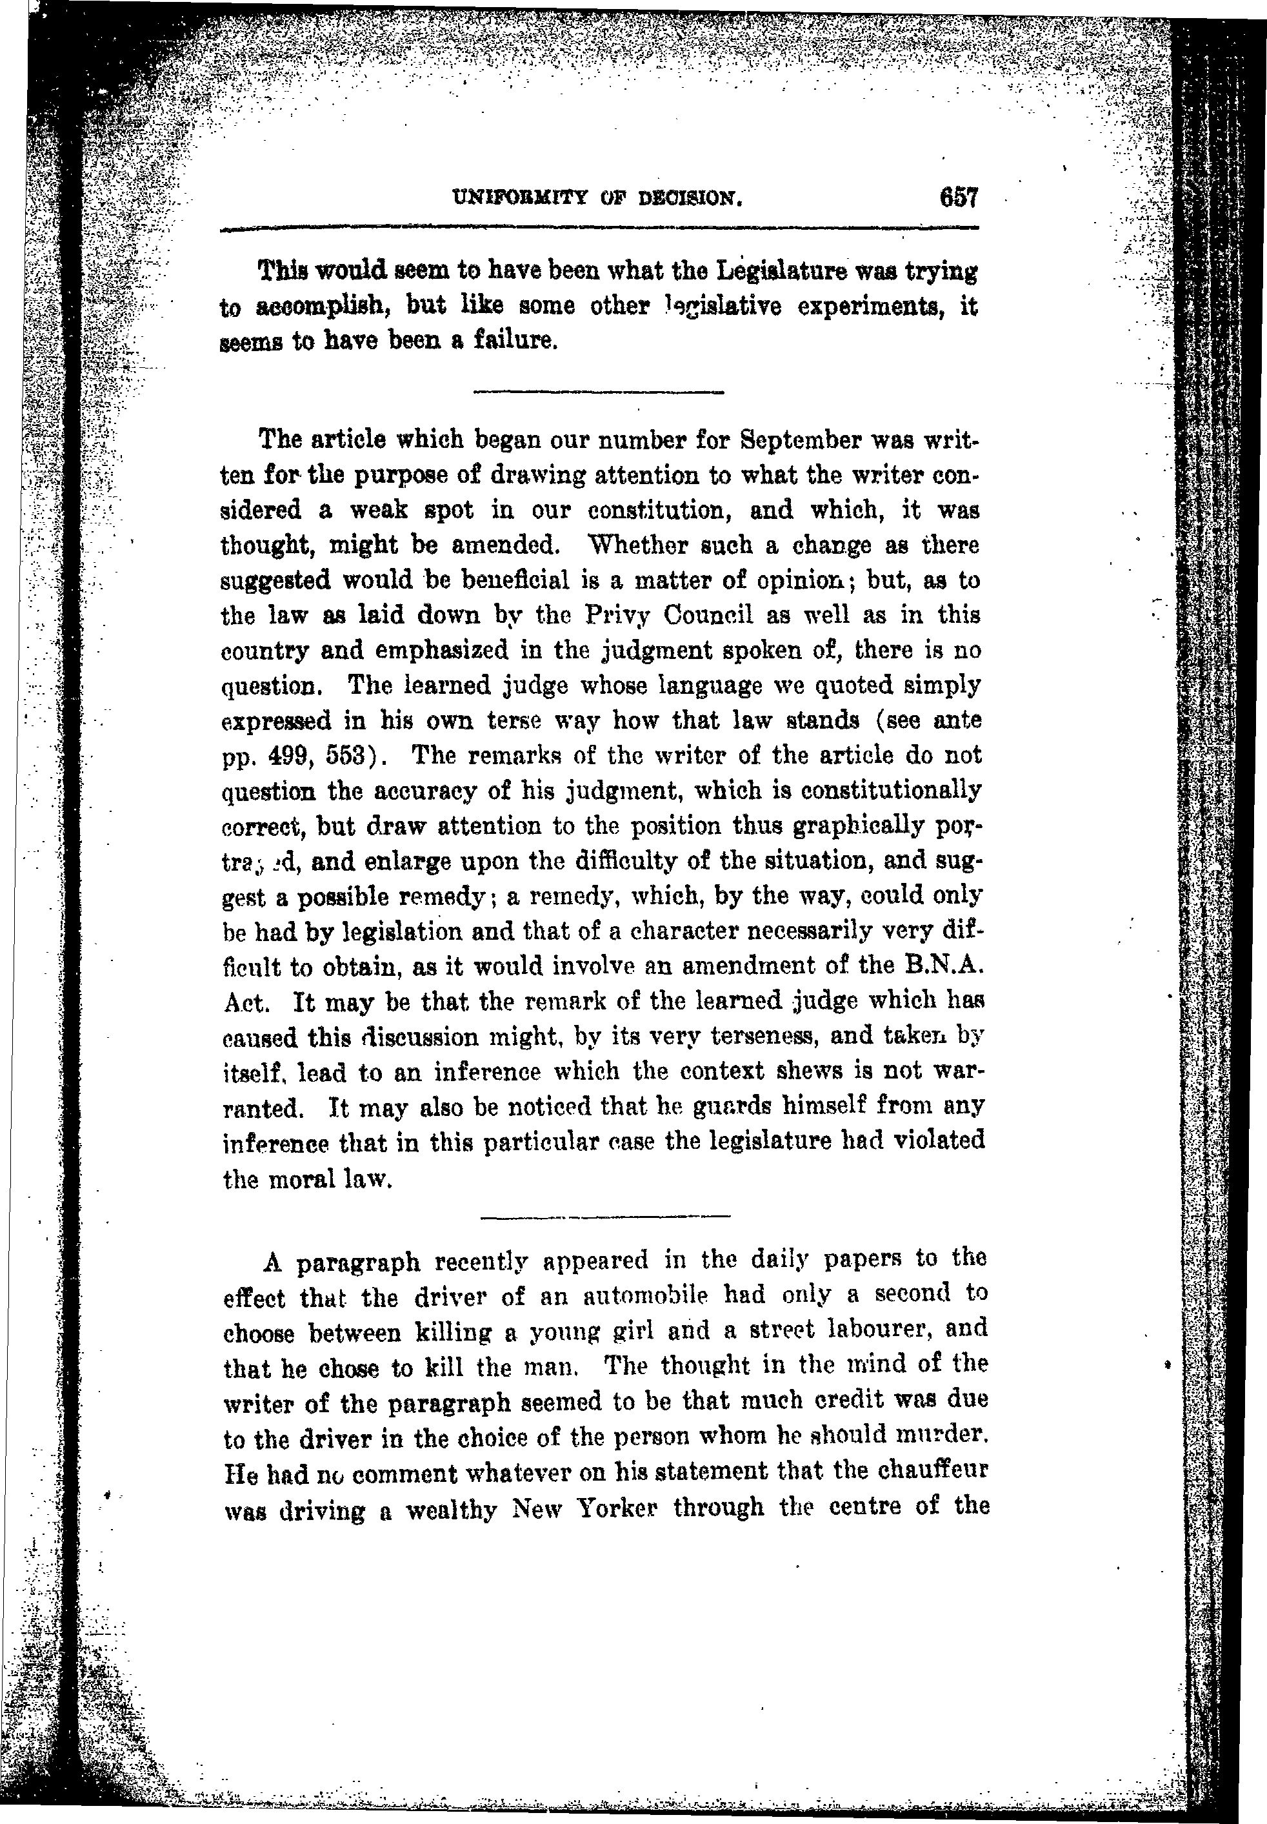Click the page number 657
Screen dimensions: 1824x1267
[958, 197]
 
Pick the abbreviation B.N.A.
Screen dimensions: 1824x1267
[944, 966]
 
